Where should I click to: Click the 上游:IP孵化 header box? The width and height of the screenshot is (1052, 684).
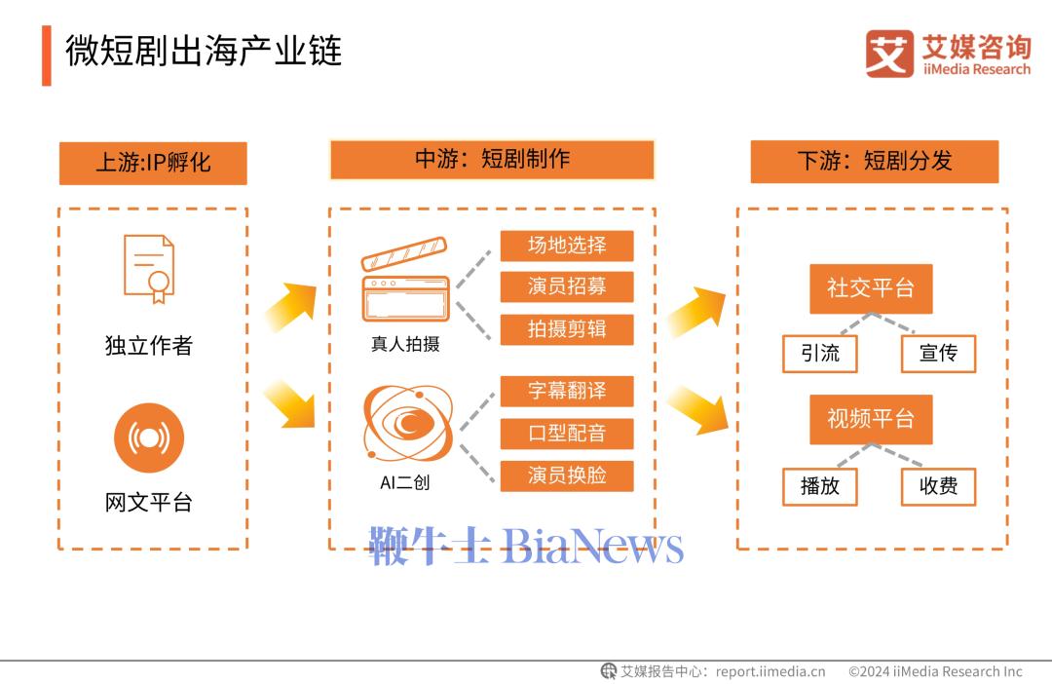pos(153,163)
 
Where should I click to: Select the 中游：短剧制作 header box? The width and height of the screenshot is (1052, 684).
pos(492,160)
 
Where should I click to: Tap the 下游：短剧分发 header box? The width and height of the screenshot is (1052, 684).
pos(874,161)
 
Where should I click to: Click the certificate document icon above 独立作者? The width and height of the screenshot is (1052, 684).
pos(149,269)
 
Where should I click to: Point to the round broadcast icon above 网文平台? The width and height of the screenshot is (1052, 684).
pos(149,437)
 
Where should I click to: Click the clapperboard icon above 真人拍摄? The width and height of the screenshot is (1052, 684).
pos(405,279)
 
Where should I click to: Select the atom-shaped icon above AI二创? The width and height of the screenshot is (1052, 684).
pos(407,423)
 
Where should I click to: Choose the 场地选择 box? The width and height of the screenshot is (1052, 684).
pos(567,246)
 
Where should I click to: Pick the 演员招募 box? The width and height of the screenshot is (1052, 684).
pos(567,286)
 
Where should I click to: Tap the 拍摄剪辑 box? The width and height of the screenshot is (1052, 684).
pos(567,329)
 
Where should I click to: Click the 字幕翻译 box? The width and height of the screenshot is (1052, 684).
pos(567,391)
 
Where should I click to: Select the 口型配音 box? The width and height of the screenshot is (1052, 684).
pos(567,433)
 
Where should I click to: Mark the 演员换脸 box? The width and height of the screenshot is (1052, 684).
pos(567,475)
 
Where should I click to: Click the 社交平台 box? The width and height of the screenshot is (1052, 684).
pos(871,288)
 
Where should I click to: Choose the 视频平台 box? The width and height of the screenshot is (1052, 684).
pos(871,420)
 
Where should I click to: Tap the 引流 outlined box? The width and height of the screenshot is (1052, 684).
pos(820,354)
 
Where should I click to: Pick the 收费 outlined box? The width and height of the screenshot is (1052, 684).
pos(938,486)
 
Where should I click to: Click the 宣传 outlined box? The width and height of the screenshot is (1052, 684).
pos(938,354)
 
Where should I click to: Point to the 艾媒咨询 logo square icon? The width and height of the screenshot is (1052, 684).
pos(889,54)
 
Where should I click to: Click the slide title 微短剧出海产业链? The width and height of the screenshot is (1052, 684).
pos(204,51)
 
